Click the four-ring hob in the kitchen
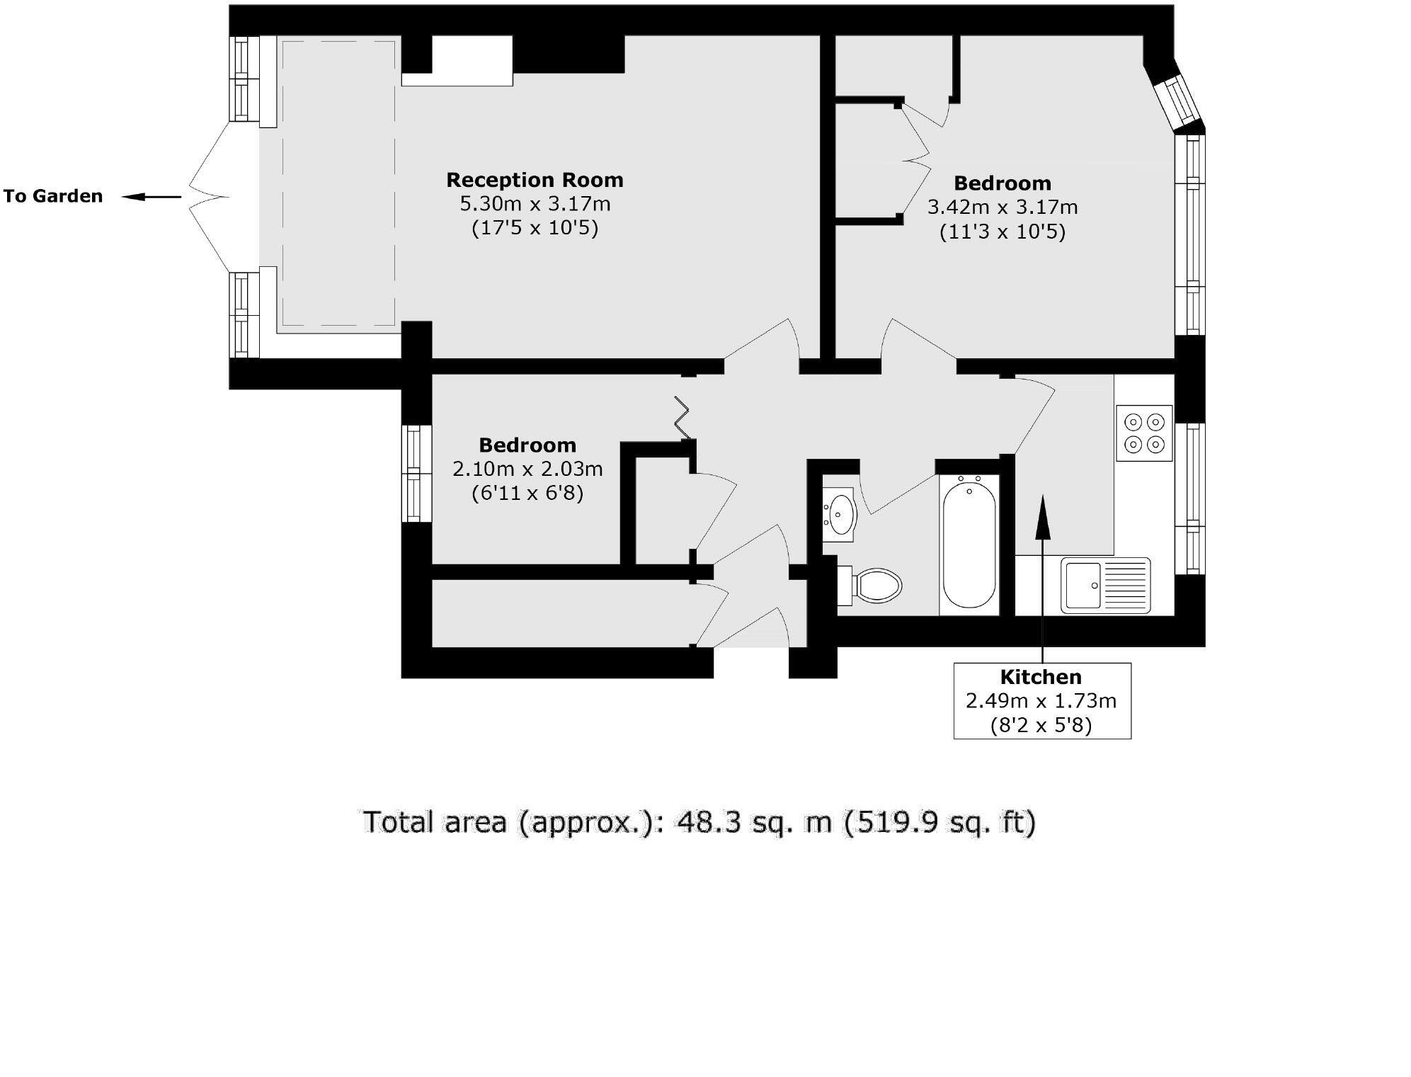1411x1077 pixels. coord(1144,433)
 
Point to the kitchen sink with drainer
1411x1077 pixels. coord(1104,586)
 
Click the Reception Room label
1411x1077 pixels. coord(535,180)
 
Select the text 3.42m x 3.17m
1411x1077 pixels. coord(1002,207)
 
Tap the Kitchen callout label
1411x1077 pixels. coord(1041,677)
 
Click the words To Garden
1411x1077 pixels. coord(53,196)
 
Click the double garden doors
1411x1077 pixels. coord(210,197)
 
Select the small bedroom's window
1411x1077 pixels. coord(416,473)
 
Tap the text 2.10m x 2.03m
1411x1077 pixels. coord(527,469)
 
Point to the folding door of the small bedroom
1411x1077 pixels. coord(681,418)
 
